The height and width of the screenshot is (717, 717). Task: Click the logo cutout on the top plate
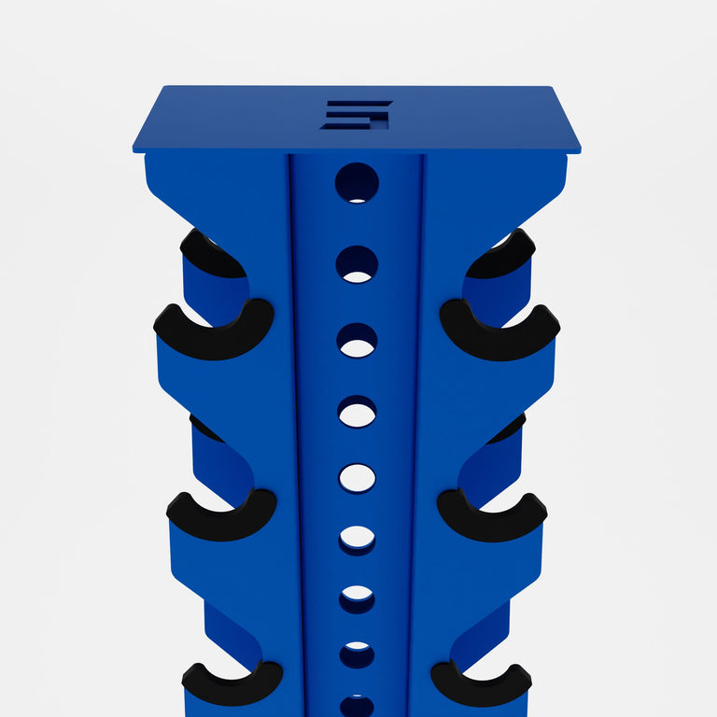coord(357,114)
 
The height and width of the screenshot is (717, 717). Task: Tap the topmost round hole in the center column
coord(357,183)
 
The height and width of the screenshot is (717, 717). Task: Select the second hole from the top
coord(357,264)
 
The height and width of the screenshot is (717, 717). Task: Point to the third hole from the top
coord(357,341)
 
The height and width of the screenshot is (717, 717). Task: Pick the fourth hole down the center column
coord(357,412)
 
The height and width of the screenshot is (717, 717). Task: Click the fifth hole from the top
coord(357,478)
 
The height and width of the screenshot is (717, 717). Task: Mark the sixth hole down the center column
coord(357,540)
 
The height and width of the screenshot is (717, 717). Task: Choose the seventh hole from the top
coord(357,598)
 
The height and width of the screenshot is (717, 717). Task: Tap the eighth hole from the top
coord(357,654)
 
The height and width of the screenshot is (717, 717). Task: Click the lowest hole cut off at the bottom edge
coord(357,706)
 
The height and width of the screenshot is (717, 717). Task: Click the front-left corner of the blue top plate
coord(134,150)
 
